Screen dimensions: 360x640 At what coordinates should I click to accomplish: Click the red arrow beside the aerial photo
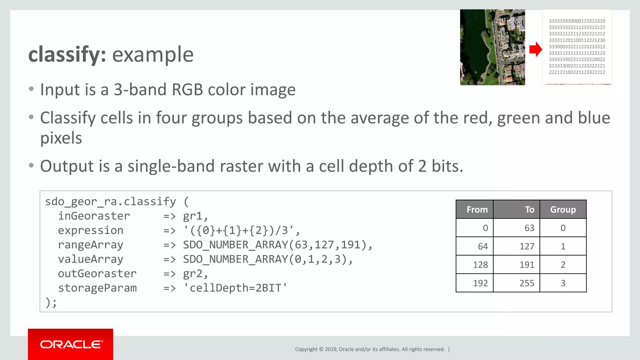pyautogui.click(x=536, y=49)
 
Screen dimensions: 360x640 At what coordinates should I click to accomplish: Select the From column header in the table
pyautogui.click(x=477, y=210)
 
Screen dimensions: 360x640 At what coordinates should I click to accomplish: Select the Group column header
pyautogui.click(x=563, y=210)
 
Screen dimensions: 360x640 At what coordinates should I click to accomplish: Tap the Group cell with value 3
pyautogui.click(x=563, y=283)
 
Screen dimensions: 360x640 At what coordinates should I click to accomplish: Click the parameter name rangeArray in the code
pyautogui.click(x=91, y=245)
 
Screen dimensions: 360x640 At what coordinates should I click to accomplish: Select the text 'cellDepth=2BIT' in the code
pyautogui.click(x=235, y=288)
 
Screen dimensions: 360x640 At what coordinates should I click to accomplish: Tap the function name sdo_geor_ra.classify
pyautogui.click(x=110, y=202)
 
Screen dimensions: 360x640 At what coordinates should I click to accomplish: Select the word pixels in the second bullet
pyautogui.click(x=61, y=138)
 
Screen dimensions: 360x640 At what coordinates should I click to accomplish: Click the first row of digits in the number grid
pyautogui.click(x=577, y=21)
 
